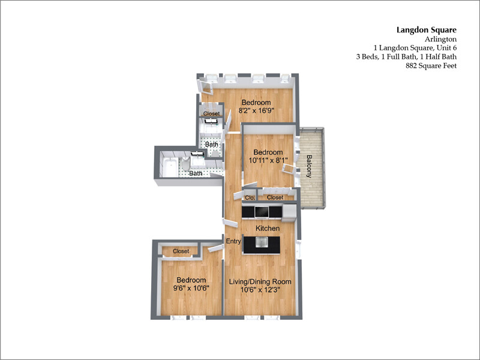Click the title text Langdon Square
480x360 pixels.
(427, 29)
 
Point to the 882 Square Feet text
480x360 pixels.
(431, 66)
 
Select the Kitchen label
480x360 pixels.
(267, 229)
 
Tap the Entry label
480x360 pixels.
(233, 241)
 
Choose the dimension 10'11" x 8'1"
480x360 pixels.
(268, 160)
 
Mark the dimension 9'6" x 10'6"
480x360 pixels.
(191, 289)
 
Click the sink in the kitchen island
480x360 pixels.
(262, 242)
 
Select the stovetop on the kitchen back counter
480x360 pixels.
(262, 211)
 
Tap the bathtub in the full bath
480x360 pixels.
(170, 167)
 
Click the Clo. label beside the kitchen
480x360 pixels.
(250, 197)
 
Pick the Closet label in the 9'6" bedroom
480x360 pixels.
(181, 251)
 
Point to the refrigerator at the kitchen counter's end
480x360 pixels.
(289, 211)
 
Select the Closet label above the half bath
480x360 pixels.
(211, 113)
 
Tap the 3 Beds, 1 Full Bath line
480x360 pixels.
(406, 57)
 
